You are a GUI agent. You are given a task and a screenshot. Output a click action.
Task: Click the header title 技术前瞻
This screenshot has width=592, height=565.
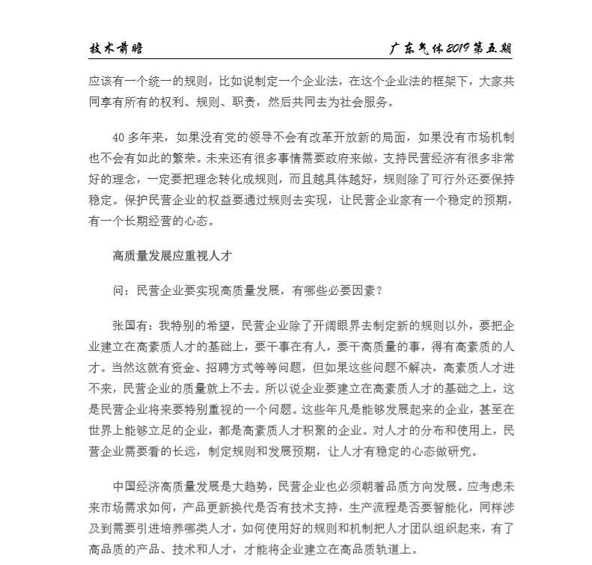pos(116,49)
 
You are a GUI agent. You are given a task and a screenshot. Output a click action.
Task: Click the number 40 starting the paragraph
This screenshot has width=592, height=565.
pos(118,137)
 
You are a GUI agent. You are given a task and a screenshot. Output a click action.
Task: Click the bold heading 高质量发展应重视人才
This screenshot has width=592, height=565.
pos(171,256)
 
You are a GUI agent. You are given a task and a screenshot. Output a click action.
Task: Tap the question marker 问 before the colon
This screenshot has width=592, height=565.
pos(118,290)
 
